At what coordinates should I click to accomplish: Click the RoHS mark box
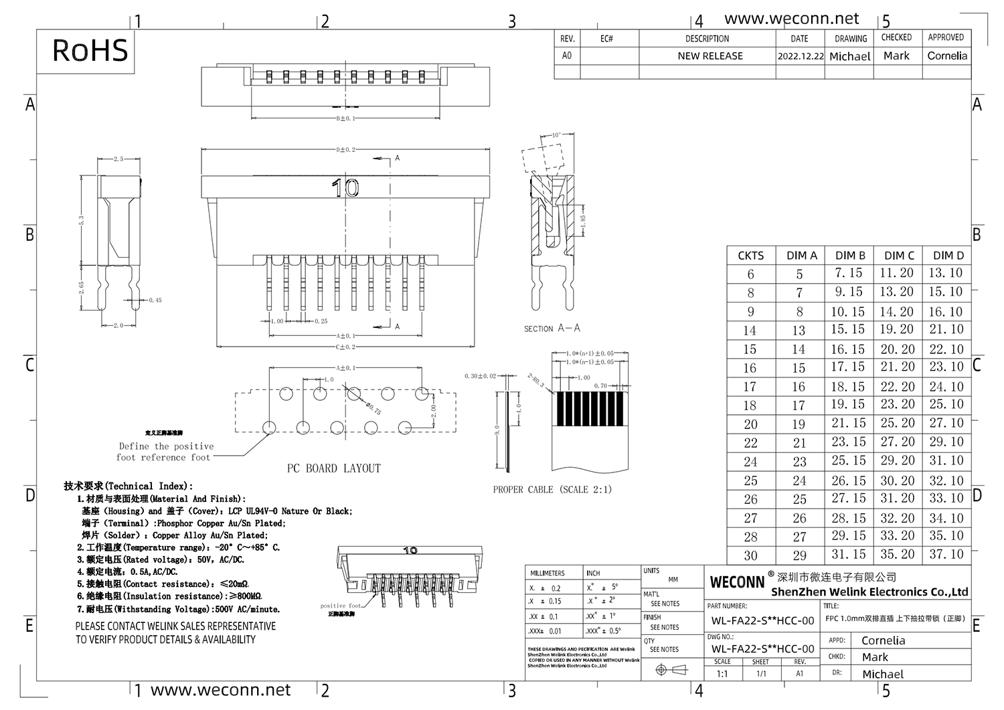90,51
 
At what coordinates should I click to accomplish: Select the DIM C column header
899,256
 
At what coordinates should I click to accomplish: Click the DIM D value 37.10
946,554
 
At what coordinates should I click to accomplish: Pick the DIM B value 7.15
848,273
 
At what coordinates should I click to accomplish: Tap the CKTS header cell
750,256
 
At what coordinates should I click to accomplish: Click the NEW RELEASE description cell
709,56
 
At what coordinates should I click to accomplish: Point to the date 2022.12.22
801,57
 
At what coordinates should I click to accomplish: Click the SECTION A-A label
552,329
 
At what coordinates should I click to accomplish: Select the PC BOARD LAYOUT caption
333,468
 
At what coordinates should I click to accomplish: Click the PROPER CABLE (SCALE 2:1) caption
552,490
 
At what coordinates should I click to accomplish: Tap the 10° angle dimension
556,135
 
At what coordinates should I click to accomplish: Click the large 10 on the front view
345,188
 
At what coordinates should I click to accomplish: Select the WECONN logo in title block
737,582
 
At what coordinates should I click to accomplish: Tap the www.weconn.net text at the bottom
220,690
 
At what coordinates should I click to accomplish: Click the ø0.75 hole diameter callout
372,407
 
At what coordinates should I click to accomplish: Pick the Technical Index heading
128,486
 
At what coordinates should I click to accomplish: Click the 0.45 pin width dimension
155,300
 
